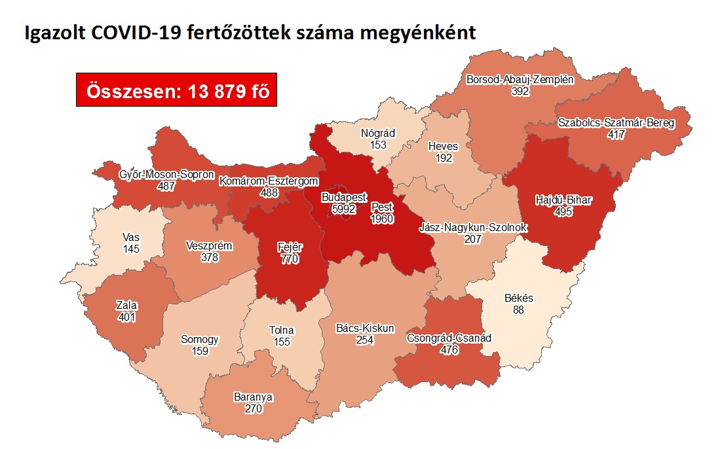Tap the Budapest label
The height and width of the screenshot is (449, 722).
[x=344, y=197]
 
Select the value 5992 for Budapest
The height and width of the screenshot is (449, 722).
[x=344, y=209]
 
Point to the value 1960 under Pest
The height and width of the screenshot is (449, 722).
[x=382, y=219]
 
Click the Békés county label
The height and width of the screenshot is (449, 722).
[x=519, y=298]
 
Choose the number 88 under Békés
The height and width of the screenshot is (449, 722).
[x=519, y=310]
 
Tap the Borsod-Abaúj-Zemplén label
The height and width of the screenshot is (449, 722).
[x=520, y=81]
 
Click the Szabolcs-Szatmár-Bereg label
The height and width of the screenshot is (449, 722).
[x=617, y=123]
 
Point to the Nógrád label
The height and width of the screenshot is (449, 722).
[x=378, y=134]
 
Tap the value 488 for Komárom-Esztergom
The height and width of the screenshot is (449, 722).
[x=269, y=192]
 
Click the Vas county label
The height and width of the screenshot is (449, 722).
[x=130, y=237]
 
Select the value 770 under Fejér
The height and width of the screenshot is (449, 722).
[x=289, y=259]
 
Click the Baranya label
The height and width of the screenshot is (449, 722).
[x=253, y=397]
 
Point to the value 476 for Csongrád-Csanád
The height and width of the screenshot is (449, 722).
[x=449, y=350]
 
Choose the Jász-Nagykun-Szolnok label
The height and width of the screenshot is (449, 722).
[x=474, y=228]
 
